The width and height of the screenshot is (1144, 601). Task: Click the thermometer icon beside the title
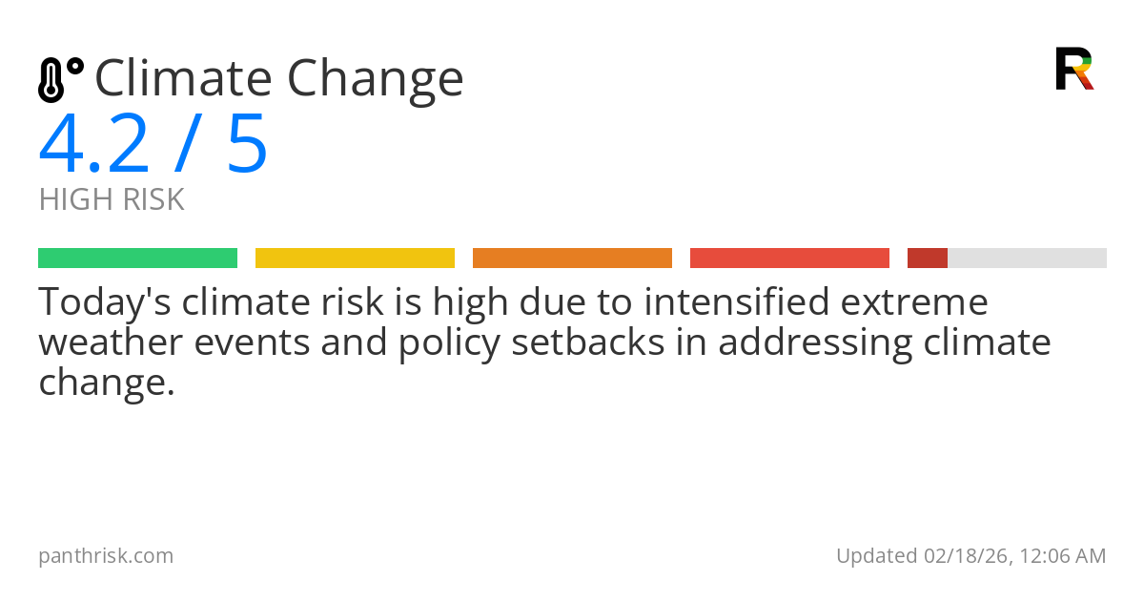click(60, 80)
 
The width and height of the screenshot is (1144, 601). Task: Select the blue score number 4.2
click(93, 145)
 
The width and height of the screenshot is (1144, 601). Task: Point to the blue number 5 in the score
click(247, 145)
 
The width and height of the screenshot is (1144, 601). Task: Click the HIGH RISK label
click(112, 199)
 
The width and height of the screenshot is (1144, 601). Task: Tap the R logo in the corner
click(1073, 69)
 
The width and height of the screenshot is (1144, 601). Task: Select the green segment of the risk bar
click(137, 259)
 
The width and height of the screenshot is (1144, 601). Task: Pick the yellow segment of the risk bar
click(355, 259)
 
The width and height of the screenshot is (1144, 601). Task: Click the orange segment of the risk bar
click(572, 259)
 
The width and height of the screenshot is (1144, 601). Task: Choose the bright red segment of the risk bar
click(789, 259)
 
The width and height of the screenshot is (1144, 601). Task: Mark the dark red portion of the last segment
click(927, 259)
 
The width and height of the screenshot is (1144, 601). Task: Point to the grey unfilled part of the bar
click(1027, 259)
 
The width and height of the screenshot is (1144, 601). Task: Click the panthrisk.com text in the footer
click(106, 555)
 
